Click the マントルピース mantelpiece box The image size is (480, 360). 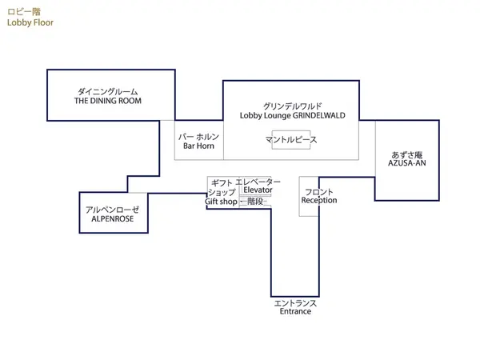(291, 139)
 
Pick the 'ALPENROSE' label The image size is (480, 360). (112, 218)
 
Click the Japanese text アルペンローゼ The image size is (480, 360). (112, 208)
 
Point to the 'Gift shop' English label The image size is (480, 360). (221, 202)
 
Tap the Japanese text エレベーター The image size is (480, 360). (254, 182)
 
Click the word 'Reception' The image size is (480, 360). (319, 201)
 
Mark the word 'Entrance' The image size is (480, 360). (295, 311)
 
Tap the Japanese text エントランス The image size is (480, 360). (295, 302)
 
